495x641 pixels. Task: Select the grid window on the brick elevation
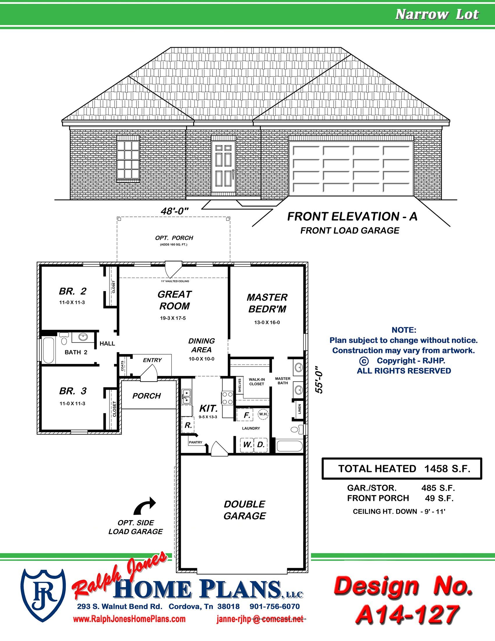128,160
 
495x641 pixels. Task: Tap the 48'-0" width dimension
174,211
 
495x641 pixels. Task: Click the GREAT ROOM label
174,300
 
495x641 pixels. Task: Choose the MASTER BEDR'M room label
267,303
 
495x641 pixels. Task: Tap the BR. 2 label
73,291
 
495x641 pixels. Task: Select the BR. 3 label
73,391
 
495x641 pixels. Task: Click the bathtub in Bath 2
48,350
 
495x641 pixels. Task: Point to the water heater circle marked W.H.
263,414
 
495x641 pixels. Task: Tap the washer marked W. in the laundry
247,445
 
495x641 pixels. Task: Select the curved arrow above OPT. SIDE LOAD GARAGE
145,506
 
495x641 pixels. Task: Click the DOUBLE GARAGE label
245,510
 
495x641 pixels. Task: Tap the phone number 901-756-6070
275,606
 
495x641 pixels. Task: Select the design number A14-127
407,614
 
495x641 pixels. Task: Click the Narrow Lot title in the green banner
437,14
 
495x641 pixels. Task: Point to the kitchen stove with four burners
227,398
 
